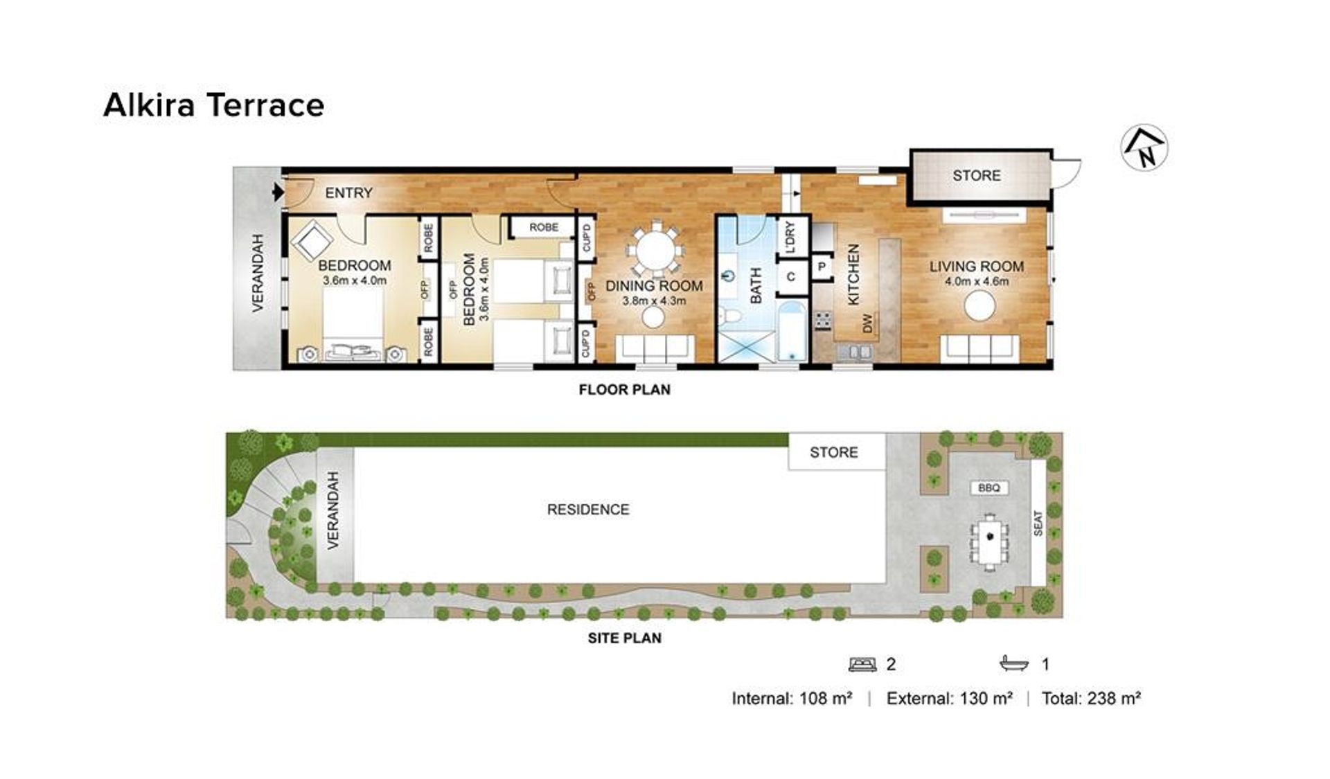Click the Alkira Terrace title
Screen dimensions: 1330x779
coord(214,105)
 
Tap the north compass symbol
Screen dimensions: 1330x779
coord(1144,148)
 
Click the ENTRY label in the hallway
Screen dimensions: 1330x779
coord(348,193)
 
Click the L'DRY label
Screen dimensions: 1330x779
coord(791,237)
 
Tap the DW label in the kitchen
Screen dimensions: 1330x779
coord(868,323)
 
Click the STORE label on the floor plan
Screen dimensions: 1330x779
coord(976,176)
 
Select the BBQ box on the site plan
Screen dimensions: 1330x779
coord(989,488)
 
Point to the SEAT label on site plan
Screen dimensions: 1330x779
coord(1038,523)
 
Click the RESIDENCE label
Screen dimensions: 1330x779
coord(588,510)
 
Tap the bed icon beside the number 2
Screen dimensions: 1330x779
coord(862,665)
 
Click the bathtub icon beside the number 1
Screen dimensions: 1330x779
coord(1014,664)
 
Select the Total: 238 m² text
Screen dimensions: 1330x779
coord(1091,699)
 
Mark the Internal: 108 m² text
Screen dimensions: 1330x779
coord(792,699)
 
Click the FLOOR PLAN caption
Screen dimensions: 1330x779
coord(625,390)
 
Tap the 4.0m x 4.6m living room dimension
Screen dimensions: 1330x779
coord(977,282)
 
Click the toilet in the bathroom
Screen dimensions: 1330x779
coord(731,317)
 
